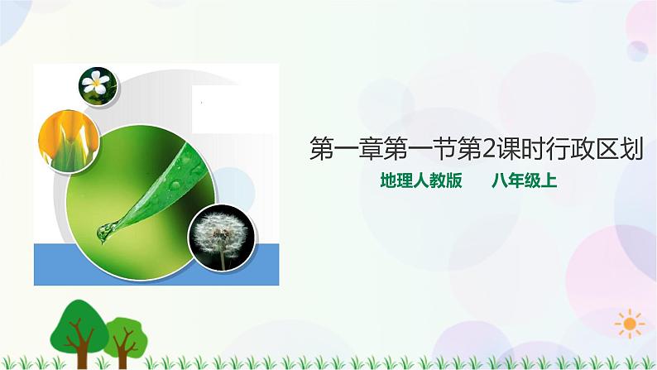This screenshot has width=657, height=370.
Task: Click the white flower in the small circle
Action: (x=96, y=82)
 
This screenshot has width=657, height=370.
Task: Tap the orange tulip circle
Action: (x=69, y=142)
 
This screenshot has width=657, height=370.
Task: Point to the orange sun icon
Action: (x=630, y=324)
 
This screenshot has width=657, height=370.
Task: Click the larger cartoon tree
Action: (x=79, y=332)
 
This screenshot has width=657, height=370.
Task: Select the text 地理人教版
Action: (x=421, y=180)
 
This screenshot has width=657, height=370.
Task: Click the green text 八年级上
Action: (x=524, y=180)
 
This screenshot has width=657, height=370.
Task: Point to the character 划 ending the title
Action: (x=631, y=148)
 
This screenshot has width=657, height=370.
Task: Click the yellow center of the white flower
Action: (x=96, y=83)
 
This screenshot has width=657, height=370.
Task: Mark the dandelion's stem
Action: (x=223, y=260)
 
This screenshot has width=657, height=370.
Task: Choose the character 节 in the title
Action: (x=444, y=148)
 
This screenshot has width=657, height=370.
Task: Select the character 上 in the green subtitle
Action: (x=549, y=180)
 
